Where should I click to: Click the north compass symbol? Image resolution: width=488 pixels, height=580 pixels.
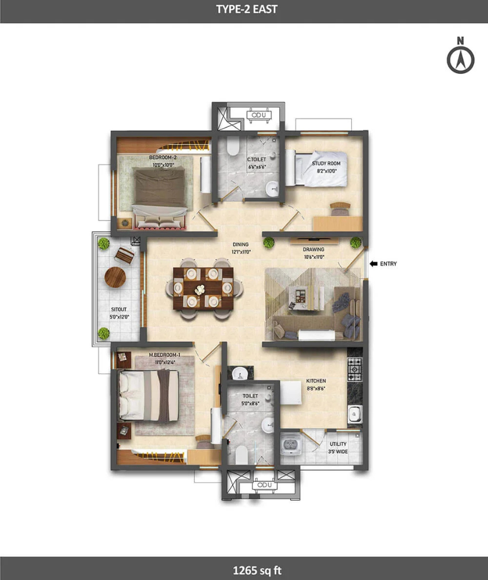[x=460, y=55]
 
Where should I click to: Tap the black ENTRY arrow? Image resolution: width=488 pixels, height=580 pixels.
[x=373, y=263]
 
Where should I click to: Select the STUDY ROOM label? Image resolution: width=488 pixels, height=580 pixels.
[x=326, y=163]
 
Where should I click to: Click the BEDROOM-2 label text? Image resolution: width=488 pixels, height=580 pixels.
[x=163, y=157]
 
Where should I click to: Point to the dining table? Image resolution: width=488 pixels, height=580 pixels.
[x=203, y=288]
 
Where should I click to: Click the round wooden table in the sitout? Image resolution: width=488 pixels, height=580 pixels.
[x=115, y=277]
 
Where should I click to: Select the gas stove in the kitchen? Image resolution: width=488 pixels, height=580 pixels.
[x=355, y=369]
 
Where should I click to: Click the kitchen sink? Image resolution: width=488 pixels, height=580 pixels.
[x=355, y=414]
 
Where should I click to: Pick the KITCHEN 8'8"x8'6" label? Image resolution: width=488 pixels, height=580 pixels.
[x=316, y=385]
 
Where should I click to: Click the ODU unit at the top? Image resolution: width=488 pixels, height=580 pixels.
[x=259, y=115]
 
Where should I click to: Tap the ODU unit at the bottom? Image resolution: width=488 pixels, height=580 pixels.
[x=265, y=485]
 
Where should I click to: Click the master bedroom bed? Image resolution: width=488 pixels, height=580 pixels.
[x=149, y=396]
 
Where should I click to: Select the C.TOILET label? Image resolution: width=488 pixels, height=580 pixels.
[x=256, y=160]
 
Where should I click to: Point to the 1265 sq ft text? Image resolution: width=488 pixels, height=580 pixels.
[x=258, y=570]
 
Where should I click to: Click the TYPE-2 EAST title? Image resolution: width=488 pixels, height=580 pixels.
[x=247, y=9]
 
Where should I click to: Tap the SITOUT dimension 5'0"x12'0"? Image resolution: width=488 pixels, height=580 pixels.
[x=119, y=317]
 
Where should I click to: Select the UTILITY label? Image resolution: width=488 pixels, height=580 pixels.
[x=338, y=444]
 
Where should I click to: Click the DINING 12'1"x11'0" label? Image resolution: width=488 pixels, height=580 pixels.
[x=241, y=248]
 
